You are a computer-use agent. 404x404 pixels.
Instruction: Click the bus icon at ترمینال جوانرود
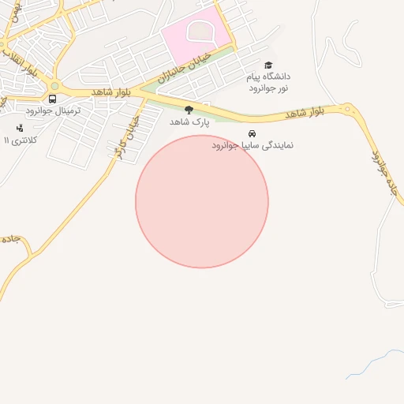52,99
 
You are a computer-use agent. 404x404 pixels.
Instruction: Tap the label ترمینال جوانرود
52,111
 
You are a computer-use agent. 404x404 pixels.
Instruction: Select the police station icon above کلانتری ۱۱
20,128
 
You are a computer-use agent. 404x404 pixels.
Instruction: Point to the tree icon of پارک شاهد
189,110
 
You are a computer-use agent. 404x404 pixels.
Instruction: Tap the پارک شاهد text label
188,122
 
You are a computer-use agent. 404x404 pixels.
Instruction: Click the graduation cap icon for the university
268,65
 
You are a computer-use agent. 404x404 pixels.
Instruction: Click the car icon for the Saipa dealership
252,133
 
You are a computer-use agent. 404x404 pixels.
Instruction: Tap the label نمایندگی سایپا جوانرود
252,146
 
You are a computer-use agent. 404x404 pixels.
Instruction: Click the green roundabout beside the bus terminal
54,85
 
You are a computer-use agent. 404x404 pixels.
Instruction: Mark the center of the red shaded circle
202,202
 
